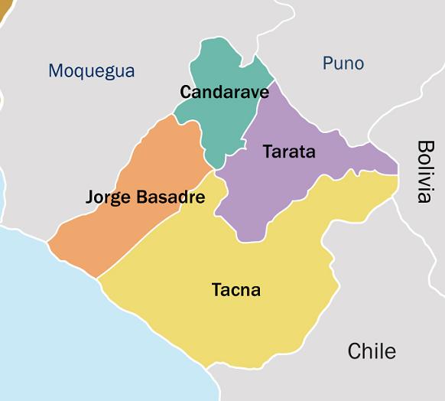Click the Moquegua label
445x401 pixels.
click(x=91, y=71)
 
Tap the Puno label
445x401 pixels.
click(x=343, y=63)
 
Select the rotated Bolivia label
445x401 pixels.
click(x=425, y=171)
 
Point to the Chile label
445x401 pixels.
click(x=372, y=351)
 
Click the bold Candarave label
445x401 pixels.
click(x=224, y=93)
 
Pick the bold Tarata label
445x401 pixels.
click(x=289, y=152)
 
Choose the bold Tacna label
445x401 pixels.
click(x=235, y=291)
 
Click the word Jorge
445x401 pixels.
click(x=109, y=197)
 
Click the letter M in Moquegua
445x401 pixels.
click(x=55, y=71)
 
